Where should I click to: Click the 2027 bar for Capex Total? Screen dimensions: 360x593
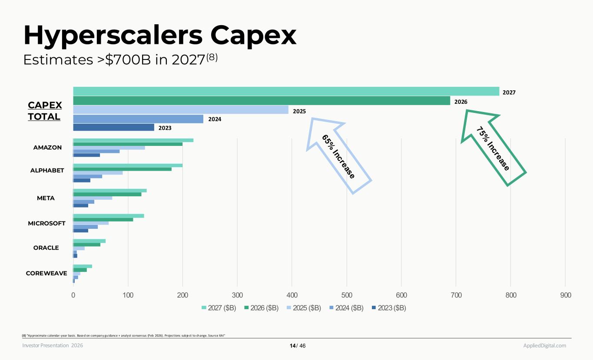click(286, 91)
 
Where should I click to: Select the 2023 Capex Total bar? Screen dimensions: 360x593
click(113, 127)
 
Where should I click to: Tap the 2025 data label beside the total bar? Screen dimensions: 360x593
click(299, 111)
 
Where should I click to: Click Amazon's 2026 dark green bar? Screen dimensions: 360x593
click(128, 144)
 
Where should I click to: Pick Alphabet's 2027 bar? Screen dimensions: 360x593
click(128, 165)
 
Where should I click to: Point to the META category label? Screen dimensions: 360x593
click(46, 198)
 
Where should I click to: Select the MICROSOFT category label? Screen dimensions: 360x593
click(46, 223)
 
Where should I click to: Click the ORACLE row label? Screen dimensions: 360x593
click(46, 248)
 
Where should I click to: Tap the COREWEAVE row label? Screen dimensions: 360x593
click(46, 273)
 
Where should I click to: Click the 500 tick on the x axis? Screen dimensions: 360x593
click(347, 295)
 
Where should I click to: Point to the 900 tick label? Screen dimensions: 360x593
click(565, 295)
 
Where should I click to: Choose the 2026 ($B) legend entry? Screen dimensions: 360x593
click(261, 308)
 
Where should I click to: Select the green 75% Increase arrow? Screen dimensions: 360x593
click(493, 148)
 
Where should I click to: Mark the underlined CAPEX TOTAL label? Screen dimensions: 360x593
click(45, 111)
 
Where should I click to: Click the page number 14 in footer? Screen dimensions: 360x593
click(292, 346)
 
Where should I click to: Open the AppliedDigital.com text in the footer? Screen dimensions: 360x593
click(544, 346)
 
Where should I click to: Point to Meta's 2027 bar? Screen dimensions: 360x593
click(110, 191)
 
